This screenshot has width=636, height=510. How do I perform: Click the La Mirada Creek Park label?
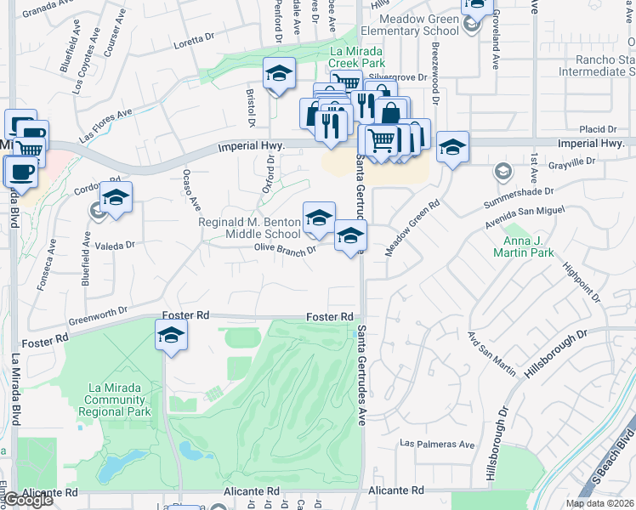(x=357, y=57)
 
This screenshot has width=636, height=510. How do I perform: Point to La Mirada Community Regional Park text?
(x=119, y=399)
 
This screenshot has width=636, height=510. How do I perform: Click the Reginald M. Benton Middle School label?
(x=249, y=228)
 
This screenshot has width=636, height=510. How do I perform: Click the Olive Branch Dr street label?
(x=285, y=248)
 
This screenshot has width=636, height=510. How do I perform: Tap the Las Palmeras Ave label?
(x=438, y=444)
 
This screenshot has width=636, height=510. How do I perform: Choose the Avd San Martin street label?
(x=491, y=358)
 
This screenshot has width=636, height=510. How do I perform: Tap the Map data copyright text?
(x=599, y=503)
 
